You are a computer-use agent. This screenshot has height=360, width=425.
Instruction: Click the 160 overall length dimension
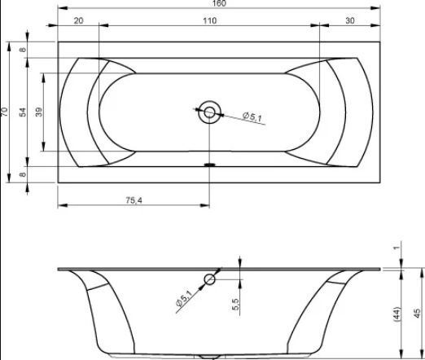219,3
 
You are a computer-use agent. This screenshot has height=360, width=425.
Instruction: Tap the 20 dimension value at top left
78,20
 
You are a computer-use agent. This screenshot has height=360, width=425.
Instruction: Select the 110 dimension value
210,20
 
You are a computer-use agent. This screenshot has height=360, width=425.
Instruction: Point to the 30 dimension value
350,20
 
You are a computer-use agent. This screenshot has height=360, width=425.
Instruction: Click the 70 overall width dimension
5,112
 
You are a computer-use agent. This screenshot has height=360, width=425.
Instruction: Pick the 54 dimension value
24,112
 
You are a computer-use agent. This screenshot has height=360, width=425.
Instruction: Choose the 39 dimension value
39,112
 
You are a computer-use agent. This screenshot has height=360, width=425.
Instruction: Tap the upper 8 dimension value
23,50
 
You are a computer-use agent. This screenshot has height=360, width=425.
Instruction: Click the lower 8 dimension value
23,174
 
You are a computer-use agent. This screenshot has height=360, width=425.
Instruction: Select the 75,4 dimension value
134,200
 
